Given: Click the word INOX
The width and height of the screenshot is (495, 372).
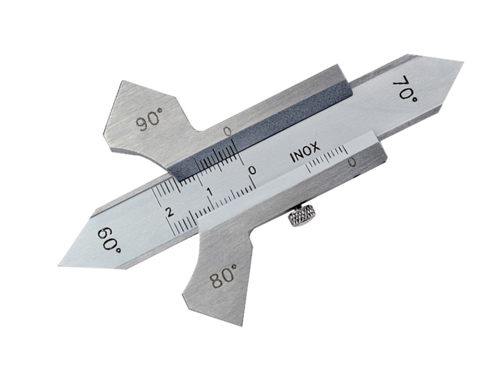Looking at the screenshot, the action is tap(305, 153).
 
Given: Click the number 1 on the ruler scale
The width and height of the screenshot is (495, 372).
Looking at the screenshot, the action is tap(208, 191).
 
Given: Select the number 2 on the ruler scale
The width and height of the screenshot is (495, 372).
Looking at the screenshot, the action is tap(170, 212).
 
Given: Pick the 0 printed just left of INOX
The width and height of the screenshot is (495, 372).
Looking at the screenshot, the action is tap(252, 170).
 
